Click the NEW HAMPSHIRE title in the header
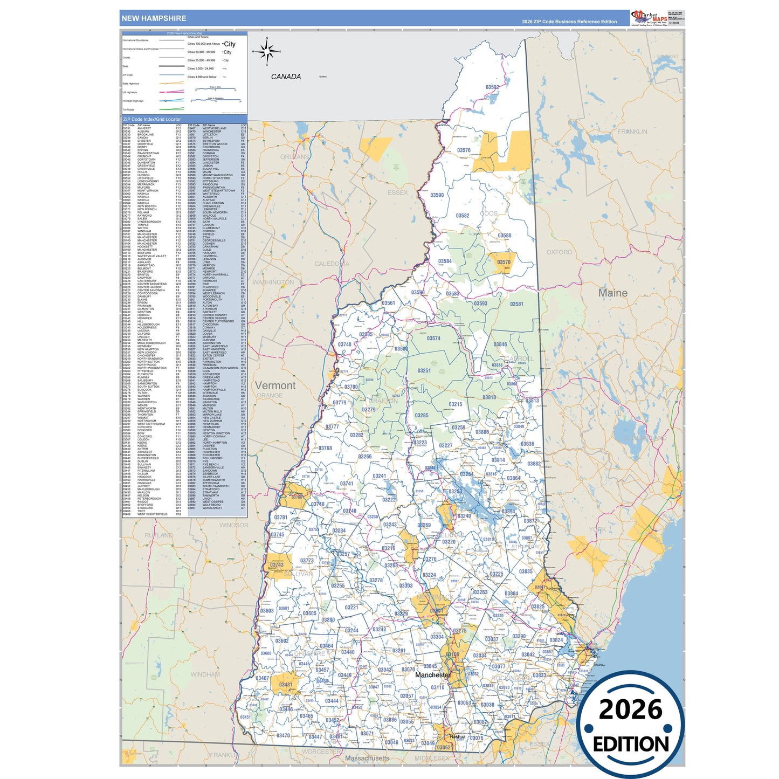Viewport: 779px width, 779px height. (x=154, y=18)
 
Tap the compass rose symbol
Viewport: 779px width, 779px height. (x=267, y=52)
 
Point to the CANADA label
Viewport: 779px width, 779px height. (x=286, y=77)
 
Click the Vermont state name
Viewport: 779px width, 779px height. (x=275, y=385)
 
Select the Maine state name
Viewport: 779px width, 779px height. (x=613, y=293)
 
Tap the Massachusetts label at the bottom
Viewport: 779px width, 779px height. (x=367, y=758)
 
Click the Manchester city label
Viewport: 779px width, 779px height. (x=432, y=675)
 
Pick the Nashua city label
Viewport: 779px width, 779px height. (x=457, y=736)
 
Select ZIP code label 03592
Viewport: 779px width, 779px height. (x=492, y=87)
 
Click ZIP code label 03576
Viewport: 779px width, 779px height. (x=464, y=150)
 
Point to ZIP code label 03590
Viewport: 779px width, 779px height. (x=437, y=195)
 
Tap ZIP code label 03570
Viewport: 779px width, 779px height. (x=504, y=262)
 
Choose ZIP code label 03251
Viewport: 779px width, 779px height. (x=424, y=371)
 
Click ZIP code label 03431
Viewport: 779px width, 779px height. (x=285, y=685)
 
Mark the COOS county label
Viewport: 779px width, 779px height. (x=488, y=213)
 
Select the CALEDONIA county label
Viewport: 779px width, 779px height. (x=332, y=264)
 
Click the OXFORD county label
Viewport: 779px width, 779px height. (x=559, y=252)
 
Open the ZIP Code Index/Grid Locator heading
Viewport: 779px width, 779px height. (x=152, y=119)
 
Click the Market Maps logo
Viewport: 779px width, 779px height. (x=649, y=18)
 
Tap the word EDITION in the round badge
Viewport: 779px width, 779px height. (x=630, y=744)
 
